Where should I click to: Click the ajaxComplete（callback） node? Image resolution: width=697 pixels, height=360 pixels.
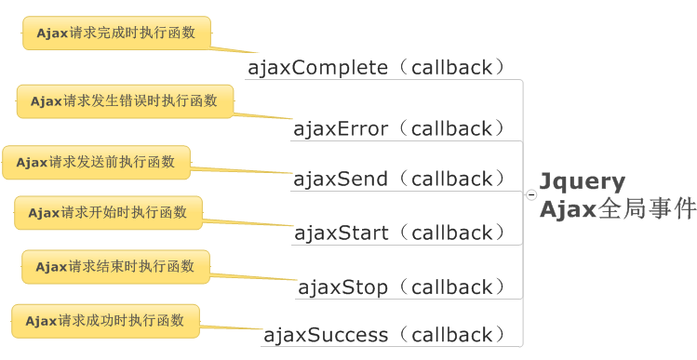click(378, 68)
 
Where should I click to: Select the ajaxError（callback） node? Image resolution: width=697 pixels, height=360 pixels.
click(401, 128)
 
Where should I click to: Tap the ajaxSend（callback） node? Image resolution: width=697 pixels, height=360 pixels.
click(401, 179)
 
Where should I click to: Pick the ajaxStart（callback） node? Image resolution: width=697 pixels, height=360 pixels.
click(401, 233)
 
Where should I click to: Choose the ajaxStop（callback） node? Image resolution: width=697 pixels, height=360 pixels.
click(403, 287)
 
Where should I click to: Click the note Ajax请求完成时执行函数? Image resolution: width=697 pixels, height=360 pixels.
click(116, 33)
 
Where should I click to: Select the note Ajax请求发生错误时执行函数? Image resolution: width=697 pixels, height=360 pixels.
click(124, 101)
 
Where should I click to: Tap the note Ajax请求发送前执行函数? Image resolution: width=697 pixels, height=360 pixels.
click(96, 162)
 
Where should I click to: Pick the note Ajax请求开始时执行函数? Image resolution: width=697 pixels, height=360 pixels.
click(108, 213)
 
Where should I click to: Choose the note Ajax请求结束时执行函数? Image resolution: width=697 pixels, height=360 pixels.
click(115, 267)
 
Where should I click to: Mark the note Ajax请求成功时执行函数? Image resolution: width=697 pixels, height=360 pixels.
click(105, 321)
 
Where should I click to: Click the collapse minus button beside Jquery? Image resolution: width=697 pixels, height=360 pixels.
click(530, 195)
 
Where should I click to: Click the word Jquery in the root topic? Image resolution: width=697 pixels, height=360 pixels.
click(583, 181)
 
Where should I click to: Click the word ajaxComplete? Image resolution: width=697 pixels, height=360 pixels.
click(317, 68)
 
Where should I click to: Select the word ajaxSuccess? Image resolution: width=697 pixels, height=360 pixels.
click(326, 335)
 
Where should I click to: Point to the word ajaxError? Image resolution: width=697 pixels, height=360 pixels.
click(341, 128)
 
